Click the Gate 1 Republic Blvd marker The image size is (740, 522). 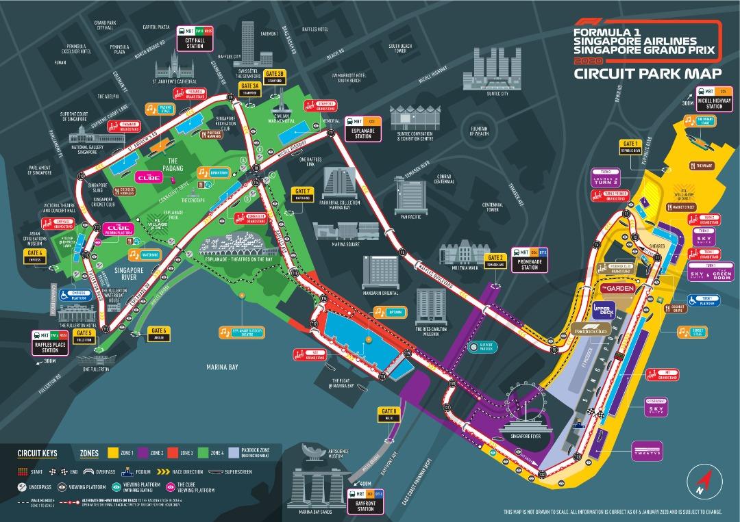[x=630, y=146]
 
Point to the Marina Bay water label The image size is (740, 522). [x=222, y=367]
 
